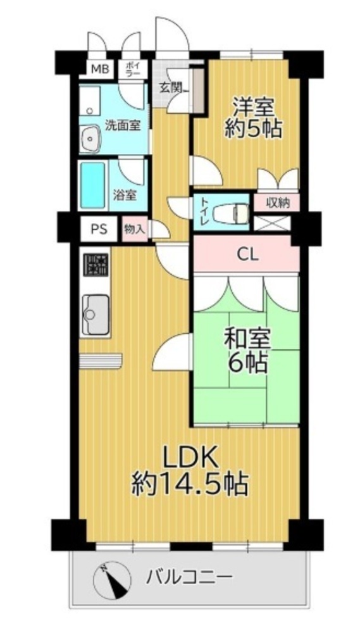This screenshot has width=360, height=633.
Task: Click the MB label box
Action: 99,69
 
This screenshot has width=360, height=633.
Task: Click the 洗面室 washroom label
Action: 123,125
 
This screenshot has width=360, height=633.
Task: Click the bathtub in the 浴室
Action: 92,185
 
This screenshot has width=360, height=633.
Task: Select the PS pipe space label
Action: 99,229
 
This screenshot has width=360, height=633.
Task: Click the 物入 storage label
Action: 135,230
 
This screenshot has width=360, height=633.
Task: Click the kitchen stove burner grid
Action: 96,265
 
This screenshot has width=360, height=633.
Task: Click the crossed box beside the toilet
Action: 272,225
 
